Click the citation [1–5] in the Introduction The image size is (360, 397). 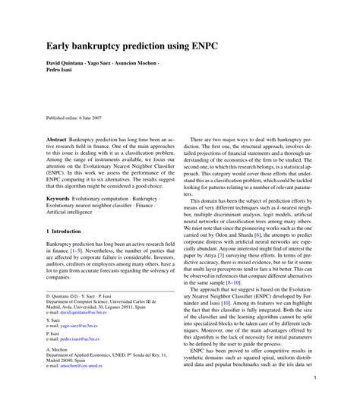85,250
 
